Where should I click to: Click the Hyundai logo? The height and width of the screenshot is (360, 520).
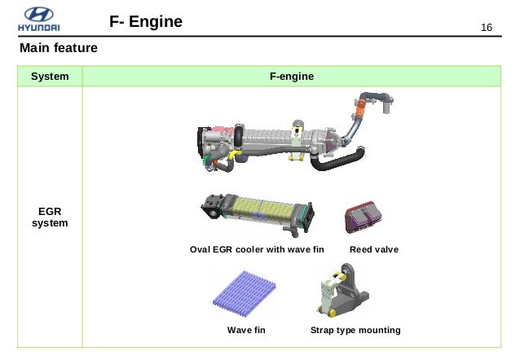coord(39,20)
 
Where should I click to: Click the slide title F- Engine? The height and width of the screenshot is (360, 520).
coord(146,22)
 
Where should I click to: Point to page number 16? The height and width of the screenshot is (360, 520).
coord(487,27)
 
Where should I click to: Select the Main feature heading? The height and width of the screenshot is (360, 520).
coord(59,48)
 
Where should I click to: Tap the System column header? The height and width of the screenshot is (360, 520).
coord(50,77)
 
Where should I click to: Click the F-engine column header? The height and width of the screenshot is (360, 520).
coord(292,77)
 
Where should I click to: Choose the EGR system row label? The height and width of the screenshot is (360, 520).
coord(50,217)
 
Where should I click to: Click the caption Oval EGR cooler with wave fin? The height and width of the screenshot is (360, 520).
coord(257,249)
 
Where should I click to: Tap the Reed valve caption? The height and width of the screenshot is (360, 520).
coord(374,249)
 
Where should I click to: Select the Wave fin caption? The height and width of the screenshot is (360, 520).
coord(246,330)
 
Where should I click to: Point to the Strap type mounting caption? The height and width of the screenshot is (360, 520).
coord(355,330)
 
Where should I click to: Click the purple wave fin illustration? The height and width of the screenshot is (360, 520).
coord(245,294)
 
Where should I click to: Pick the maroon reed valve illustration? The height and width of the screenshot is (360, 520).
coord(364,217)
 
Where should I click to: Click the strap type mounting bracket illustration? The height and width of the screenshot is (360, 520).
coord(343,291)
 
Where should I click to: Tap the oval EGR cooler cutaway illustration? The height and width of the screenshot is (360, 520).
coord(258,214)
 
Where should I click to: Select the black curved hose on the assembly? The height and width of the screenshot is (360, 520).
coord(337,160)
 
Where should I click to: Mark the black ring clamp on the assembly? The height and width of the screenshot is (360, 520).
coord(239,137)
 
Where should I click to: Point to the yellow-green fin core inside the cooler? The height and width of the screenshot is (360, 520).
coord(264,209)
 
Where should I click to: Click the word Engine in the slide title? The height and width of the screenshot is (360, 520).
coord(156,22)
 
